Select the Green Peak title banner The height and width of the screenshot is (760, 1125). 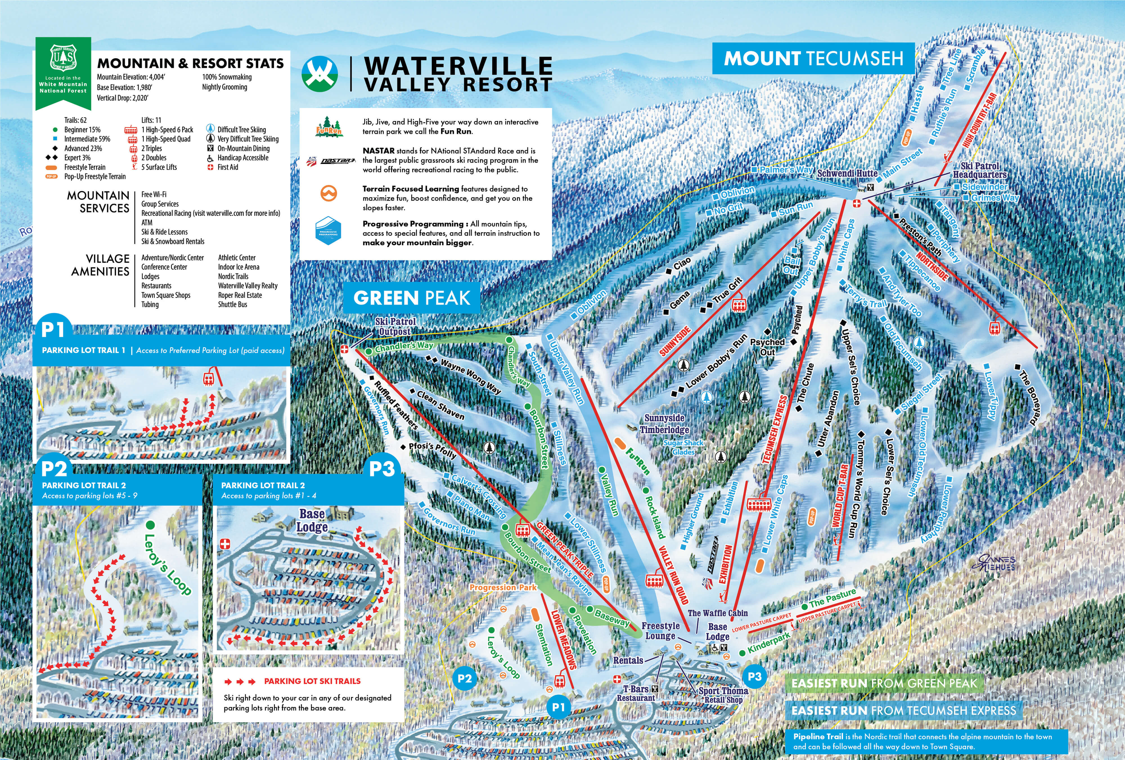(411, 298)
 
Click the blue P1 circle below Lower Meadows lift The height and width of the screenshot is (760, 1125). (558, 707)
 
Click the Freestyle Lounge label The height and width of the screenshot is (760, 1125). (660, 631)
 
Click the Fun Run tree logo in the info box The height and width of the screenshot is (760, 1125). (329, 127)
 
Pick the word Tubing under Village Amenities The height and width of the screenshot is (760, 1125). (150, 305)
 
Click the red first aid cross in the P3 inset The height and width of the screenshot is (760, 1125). (225, 544)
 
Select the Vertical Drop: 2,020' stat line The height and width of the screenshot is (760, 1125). (122, 98)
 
